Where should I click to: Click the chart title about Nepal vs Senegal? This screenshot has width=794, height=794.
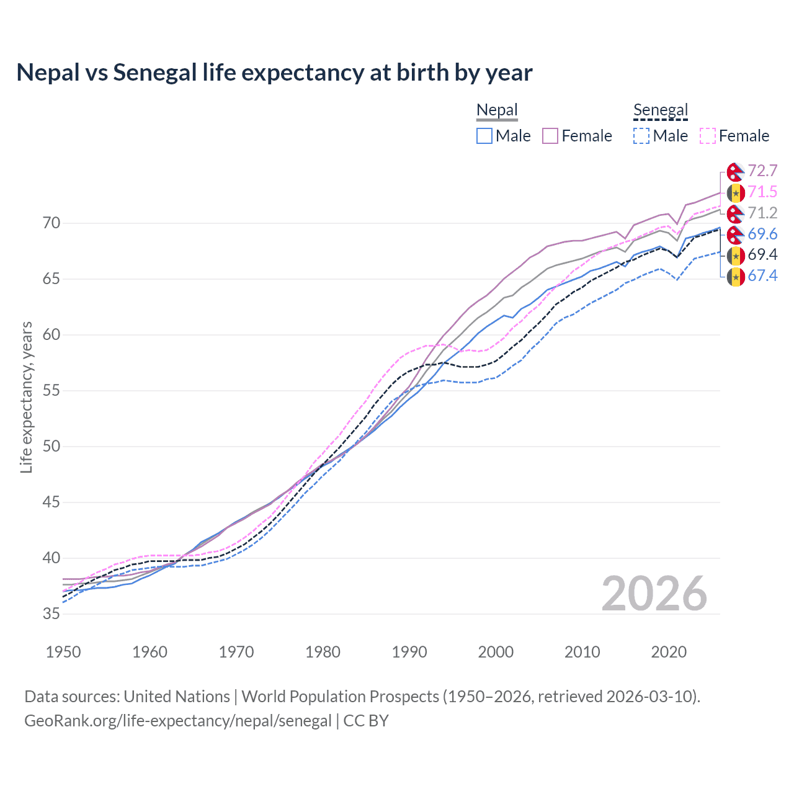(x=274, y=73)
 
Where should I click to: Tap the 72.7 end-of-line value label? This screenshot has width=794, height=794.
(x=762, y=171)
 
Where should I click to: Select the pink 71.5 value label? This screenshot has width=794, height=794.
(x=762, y=192)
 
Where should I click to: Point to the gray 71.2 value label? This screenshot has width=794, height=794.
(x=762, y=213)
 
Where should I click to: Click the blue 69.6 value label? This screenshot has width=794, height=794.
(x=762, y=234)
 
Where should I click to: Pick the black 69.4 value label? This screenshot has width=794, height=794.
(x=762, y=255)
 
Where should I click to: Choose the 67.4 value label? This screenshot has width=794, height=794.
(x=762, y=276)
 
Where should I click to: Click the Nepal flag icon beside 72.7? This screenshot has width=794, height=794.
(x=736, y=172)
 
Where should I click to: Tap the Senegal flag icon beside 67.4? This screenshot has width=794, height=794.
(x=736, y=276)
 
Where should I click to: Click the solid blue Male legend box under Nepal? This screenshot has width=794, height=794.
(x=484, y=136)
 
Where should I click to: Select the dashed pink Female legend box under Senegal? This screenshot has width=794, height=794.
(x=708, y=136)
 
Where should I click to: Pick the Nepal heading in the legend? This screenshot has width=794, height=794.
(x=497, y=110)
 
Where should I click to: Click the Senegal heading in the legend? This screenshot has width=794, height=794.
(x=661, y=110)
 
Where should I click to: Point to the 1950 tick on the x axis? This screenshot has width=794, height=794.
(x=63, y=652)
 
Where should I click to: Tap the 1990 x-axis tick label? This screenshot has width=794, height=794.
(x=409, y=652)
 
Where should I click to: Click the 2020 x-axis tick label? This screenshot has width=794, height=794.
(x=669, y=652)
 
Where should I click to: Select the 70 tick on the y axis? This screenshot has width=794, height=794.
(x=51, y=223)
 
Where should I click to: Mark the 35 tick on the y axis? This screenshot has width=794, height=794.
(x=51, y=613)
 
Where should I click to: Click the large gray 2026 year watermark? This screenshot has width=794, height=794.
(x=654, y=594)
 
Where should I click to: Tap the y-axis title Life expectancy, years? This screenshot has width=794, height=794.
(x=27, y=397)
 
